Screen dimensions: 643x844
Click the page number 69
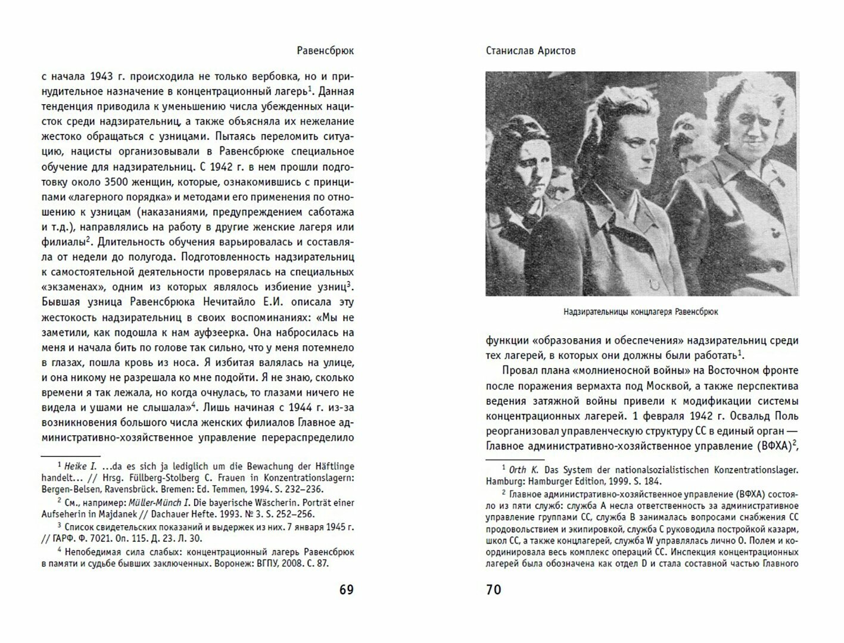(x=346, y=589)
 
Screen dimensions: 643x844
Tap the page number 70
(x=494, y=589)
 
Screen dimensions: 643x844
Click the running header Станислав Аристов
(x=530, y=51)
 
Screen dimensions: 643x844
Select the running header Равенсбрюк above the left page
(x=325, y=51)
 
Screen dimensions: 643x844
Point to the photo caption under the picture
(x=641, y=311)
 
